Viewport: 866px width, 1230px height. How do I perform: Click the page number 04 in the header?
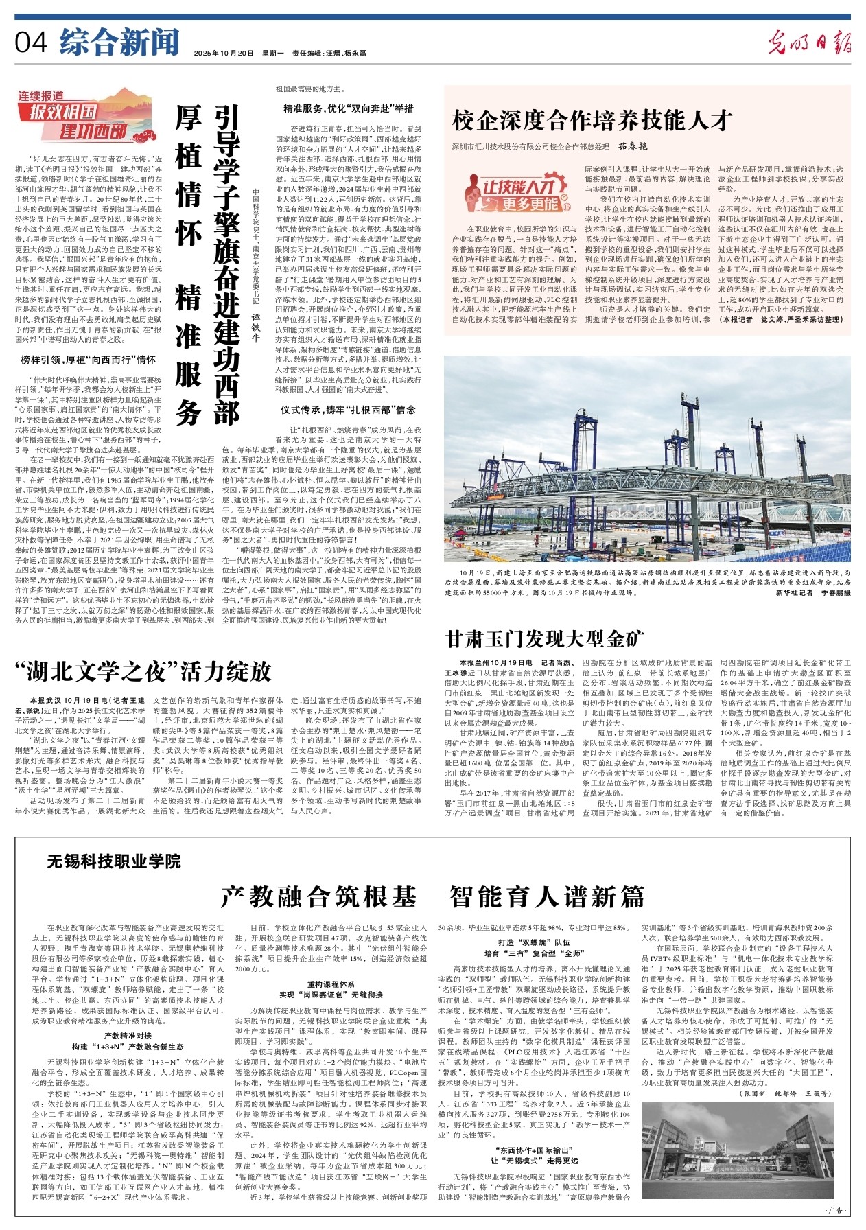pos(32,43)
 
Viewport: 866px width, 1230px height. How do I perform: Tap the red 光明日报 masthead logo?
pos(810,43)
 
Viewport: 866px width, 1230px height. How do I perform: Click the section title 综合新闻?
pos(119,43)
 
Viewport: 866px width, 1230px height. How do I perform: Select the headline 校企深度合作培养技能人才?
pos(593,120)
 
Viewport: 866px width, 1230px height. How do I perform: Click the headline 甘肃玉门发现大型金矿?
pos(546,639)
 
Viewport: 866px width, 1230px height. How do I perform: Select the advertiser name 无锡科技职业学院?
pos(114,861)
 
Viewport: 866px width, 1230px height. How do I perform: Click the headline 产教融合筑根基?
pos(319,896)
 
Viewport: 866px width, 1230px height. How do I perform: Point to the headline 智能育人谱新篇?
pos(547,896)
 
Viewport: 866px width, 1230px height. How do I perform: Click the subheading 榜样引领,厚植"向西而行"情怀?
pos(88,359)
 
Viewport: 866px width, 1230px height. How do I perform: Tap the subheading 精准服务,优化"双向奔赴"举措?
pos(349,108)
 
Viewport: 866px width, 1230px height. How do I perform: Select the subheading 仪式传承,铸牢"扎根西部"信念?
pos(349,410)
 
